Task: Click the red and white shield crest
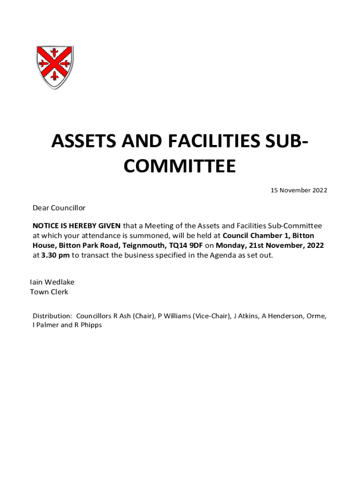point(55,67)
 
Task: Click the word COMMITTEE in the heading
point(180,166)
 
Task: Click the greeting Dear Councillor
point(59,208)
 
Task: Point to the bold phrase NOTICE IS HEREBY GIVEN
point(76,226)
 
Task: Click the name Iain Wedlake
point(52,283)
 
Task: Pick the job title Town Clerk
point(49,292)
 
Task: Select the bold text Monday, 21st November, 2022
point(270,245)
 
